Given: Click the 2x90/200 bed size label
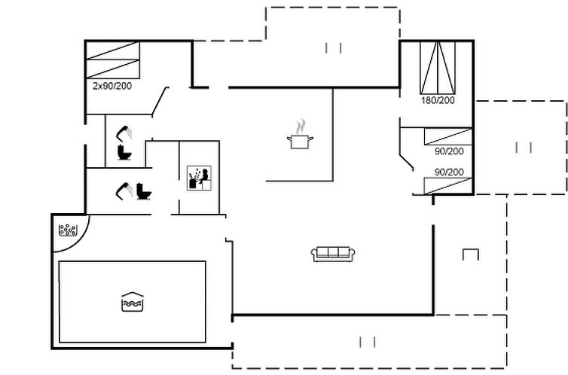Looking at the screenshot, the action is pos(112,86).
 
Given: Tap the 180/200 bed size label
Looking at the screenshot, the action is pos(438,100).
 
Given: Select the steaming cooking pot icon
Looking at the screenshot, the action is pos(300,134).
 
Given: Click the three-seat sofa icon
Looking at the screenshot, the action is pos(333,254).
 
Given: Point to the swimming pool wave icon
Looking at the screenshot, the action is pos(133,302).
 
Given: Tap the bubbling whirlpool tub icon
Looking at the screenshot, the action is pos(68,230).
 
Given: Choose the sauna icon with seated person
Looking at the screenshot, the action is pos(199,178).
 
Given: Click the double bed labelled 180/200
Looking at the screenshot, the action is pos(438,68).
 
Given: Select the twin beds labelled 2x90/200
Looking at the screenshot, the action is pos(113,60).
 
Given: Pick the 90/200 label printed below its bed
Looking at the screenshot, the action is pos(449,151).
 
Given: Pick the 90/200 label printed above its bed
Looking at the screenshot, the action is pos(449,172).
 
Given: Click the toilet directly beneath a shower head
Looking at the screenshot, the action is pos(124,152).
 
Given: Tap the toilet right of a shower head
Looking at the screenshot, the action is pos(144,191).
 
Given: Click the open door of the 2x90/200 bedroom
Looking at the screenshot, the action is pos(160,102).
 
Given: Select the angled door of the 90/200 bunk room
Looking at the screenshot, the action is pos(407,163).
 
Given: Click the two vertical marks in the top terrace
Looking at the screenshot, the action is pos(333,48).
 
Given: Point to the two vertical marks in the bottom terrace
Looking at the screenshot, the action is pos(368,342).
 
